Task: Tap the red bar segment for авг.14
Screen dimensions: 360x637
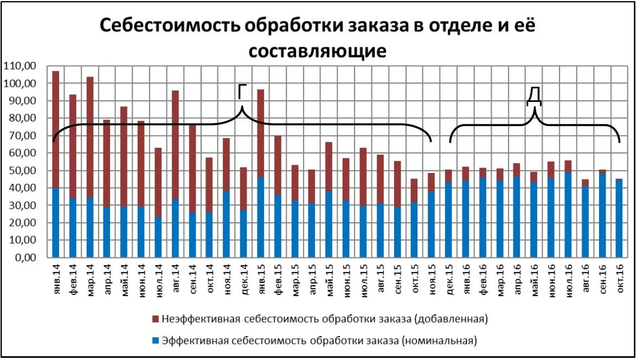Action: (175, 144)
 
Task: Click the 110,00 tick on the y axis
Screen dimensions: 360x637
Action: (20, 66)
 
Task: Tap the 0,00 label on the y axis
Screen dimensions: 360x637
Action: (24, 258)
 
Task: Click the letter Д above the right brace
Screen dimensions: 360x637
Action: (535, 97)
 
